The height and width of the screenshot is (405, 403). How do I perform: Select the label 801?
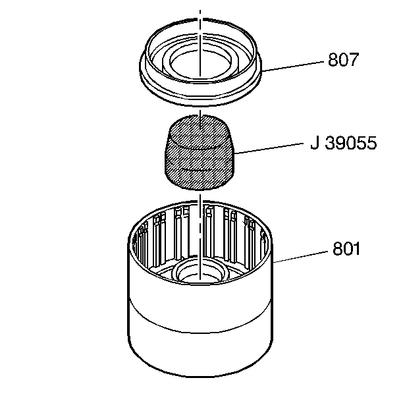(x=346, y=251)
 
